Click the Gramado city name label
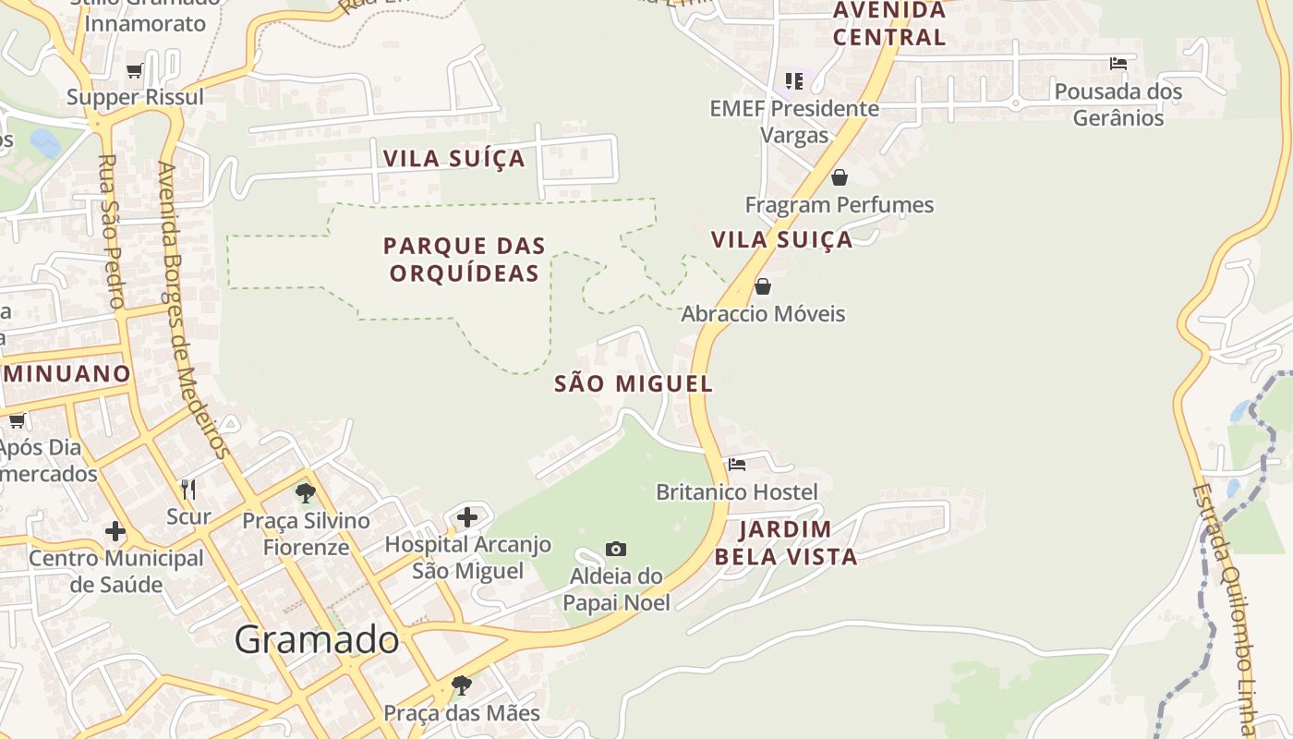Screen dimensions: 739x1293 click(316, 639)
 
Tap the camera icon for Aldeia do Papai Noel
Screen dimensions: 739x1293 click(616, 550)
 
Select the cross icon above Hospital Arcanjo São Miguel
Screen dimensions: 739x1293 click(467, 517)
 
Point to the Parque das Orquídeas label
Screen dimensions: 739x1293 click(465, 260)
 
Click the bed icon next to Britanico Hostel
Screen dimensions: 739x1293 click(736, 465)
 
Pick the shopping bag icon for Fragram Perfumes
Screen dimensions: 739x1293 click(840, 177)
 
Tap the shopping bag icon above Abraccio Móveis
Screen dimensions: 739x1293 click(763, 286)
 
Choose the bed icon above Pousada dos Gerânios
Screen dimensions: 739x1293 click(1118, 64)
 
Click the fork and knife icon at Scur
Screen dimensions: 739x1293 click(188, 489)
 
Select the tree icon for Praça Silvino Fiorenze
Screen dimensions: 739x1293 click(306, 493)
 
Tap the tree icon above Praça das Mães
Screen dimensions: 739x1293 click(461, 685)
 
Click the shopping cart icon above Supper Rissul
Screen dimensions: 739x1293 click(135, 70)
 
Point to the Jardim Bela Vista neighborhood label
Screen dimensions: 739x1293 click(786, 543)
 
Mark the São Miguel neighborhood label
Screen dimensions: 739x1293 click(634, 384)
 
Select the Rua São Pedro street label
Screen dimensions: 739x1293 click(110, 231)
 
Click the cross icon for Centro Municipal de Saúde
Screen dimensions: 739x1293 click(115, 531)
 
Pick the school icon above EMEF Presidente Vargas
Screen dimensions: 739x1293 click(794, 81)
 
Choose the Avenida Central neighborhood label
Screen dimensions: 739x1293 click(889, 24)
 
